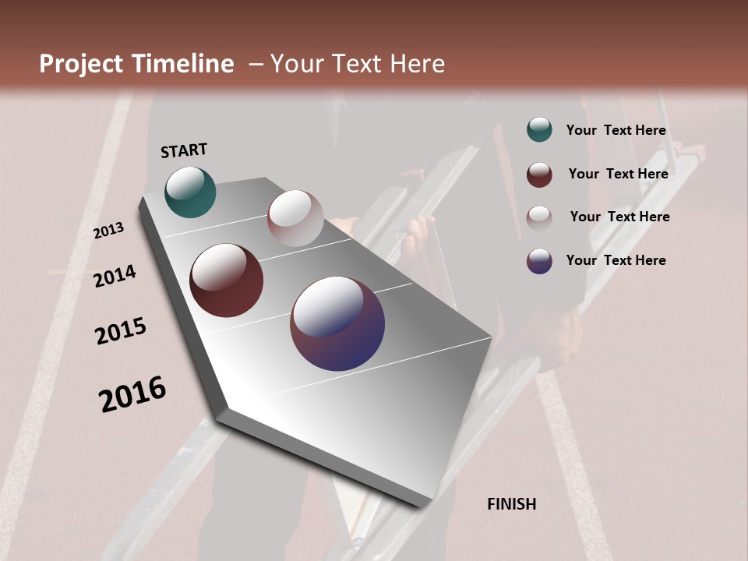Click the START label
[184, 150]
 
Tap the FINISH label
[511, 504]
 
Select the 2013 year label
[108, 231]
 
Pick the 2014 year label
[115, 277]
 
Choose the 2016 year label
[132, 394]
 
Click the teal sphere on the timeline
[190, 192]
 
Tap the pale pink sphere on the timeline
[295, 217]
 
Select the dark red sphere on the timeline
[226, 280]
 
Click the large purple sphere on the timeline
[337, 323]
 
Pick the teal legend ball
[539, 130]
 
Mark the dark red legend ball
[539, 175]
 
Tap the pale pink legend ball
[539, 217]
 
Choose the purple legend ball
[539, 261]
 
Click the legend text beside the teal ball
[616, 130]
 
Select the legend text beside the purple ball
[616, 260]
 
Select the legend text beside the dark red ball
[618, 174]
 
